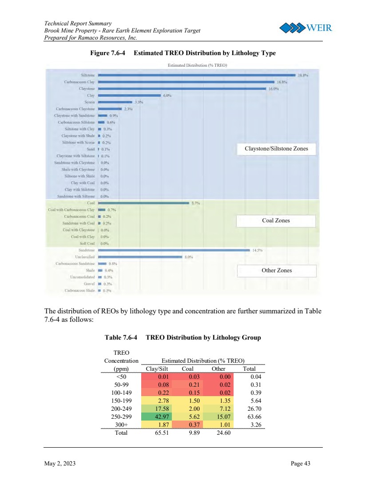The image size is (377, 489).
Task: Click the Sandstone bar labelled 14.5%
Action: coord(174,250)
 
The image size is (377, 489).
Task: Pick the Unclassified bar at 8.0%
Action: coord(140,257)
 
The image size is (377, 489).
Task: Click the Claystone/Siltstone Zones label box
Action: coord(276,148)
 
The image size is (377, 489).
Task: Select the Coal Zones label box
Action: coord(276,220)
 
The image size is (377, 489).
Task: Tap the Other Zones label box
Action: coord(277,270)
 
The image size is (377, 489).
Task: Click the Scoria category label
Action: coord(88,102)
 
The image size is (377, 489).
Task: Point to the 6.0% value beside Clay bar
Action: coord(167,96)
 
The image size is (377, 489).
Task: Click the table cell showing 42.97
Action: coord(155,417)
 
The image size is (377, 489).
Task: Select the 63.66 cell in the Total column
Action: coord(255,417)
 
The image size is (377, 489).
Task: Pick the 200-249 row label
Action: coord(121,409)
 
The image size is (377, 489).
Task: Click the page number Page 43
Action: coord(300,464)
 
